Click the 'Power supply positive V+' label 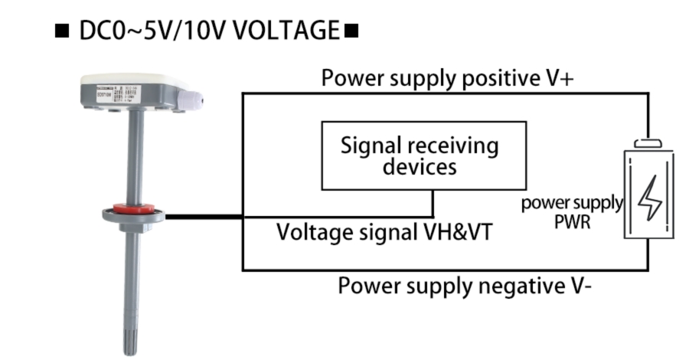[446, 78]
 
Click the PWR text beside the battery [573, 224]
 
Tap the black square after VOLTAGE [351, 32]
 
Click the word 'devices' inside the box [419, 166]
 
